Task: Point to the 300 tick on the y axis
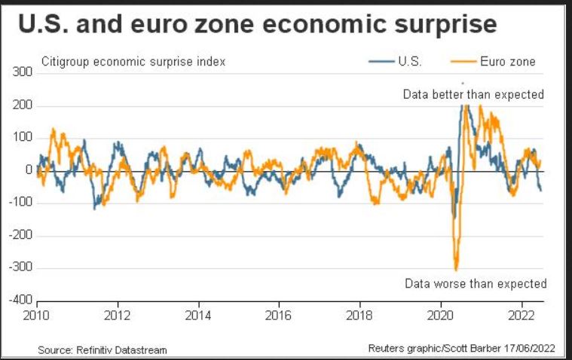tap(22, 72)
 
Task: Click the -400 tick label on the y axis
tap(20, 300)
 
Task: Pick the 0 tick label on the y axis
tap(29, 170)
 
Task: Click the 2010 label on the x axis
tap(37, 316)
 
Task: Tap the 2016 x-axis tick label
tap(278, 316)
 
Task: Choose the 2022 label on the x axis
tap(520, 316)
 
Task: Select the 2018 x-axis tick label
tap(359, 316)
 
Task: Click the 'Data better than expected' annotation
tap(473, 95)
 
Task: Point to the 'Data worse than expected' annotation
tap(475, 284)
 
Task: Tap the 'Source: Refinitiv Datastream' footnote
tap(102, 350)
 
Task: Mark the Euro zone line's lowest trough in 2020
tap(456, 269)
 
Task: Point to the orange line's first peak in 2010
tap(54, 130)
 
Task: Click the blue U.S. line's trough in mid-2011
tap(94, 208)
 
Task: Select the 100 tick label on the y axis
tap(22, 138)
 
